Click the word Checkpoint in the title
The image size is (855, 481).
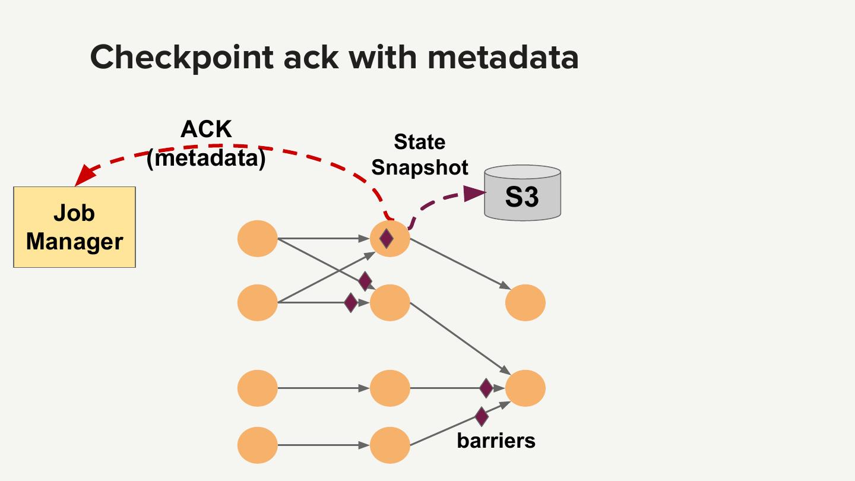[x=182, y=57]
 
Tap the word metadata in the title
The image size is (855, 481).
[x=503, y=57]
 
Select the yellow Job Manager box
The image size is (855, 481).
[x=74, y=227]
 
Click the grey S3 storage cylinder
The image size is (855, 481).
[x=522, y=193]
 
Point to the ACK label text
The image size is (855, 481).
[x=206, y=129]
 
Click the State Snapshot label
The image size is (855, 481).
[x=420, y=154]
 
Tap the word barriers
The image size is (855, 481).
[x=496, y=441]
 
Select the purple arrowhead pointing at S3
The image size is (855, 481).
[x=474, y=193]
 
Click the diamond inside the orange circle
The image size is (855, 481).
[x=387, y=239]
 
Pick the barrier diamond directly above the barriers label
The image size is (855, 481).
[x=482, y=416]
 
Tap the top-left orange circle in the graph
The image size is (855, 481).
[x=258, y=239]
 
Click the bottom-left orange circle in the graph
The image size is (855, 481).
[x=258, y=445]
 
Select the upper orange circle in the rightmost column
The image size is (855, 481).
[x=525, y=303]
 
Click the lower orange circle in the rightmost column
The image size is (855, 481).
[x=525, y=388]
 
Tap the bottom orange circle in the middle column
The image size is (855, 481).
[x=390, y=445]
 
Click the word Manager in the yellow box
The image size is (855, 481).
[x=74, y=242]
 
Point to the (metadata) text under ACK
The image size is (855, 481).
[x=206, y=158]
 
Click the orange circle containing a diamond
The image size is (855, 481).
[x=390, y=239]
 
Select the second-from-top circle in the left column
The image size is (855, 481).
[x=258, y=303]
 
